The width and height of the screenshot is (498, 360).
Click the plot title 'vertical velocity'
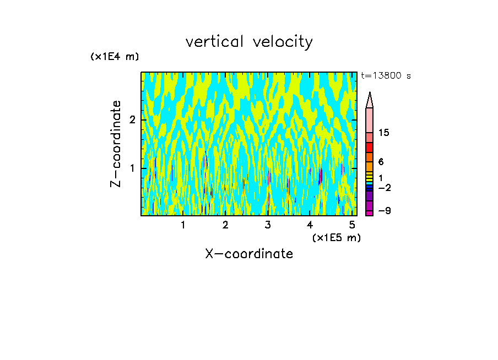tap(249, 42)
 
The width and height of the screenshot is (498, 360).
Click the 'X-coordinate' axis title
tap(249, 254)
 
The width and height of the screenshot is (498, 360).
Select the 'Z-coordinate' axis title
tap(116, 144)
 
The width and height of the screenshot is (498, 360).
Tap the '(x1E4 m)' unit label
tap(115, 57)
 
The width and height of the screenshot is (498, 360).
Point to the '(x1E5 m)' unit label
tap(336, 237)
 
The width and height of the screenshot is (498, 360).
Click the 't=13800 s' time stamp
tap(386, 76)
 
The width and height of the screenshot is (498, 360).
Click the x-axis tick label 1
tap(183, 225)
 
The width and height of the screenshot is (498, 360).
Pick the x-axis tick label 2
tap(225, 225)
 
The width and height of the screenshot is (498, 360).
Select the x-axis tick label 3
tap(268, 225)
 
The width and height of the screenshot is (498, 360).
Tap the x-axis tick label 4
tap(310, 225)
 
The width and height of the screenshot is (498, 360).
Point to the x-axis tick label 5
tap(353, 225)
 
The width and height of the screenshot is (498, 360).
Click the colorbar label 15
tap(384, 133)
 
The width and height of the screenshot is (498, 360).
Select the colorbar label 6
tap(381, 162)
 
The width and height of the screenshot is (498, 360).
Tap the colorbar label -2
tap(384, 188)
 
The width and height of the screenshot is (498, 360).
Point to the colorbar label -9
tap(384, 211)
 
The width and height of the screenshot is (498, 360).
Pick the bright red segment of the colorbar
tap(370, 148)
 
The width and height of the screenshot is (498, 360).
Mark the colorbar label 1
tap(381, 178)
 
